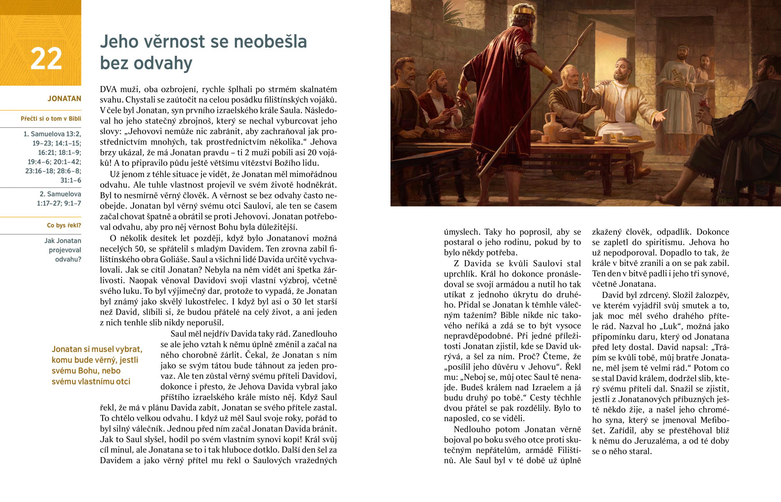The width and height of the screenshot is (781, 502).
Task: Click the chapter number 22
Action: tap(46, 59)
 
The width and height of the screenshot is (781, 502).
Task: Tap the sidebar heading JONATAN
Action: tap(64, 99)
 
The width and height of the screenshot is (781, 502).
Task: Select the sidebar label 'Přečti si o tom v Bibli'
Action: tap(51, 119)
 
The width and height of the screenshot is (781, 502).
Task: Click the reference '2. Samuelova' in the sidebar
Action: tap(60, 194)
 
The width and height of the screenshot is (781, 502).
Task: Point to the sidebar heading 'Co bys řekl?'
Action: tap(64, 225)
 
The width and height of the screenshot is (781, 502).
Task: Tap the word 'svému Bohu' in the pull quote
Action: tap(86, 371)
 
